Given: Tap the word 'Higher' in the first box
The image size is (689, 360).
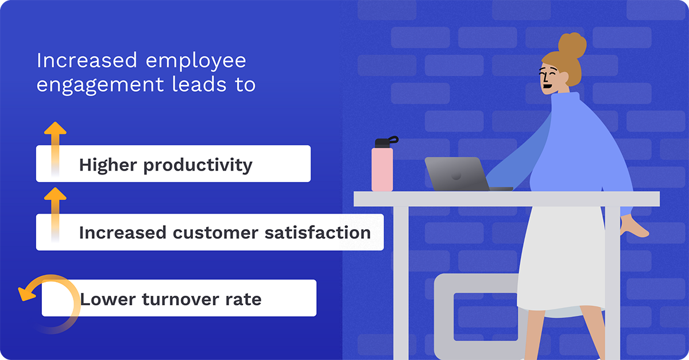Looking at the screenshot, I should click(x=108, y=165).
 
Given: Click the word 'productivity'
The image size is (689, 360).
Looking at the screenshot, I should click(x=198, y=166).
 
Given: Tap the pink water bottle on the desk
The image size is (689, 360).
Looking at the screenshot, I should click(x=382, y=169).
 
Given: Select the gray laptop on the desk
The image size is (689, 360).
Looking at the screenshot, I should click(x=457, y=174).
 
